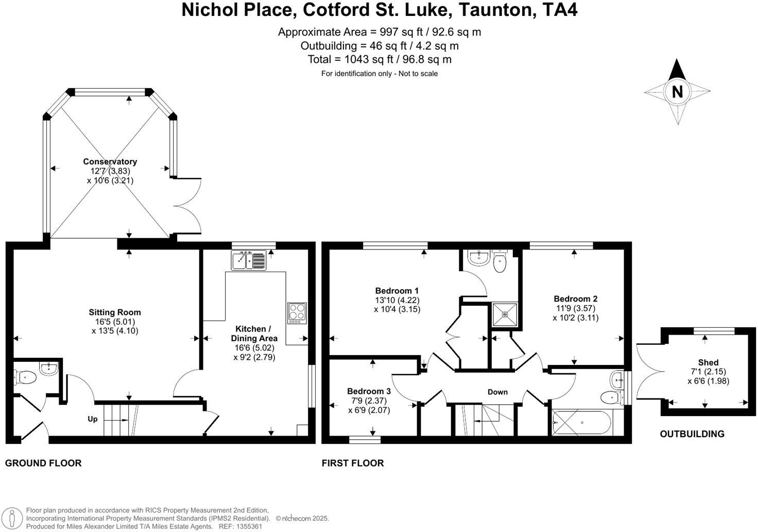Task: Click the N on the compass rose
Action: (x=677, y=92)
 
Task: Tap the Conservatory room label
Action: (x=110, y=162)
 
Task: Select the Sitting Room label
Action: (x=114, y=312)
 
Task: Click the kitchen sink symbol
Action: (x=249, y=260)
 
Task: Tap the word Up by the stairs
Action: (x=93, y=419)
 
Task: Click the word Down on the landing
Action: (x=497, y=392)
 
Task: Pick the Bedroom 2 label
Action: (x=575, y=299)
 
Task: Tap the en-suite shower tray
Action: (x=505, y=314)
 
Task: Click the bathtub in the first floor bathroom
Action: (x=582, y=423)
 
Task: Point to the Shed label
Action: (x=708, y=362)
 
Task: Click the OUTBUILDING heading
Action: (x=692, y=434)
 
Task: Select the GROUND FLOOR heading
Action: (x=43, y=463)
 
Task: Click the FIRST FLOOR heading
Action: (x=353, y=463)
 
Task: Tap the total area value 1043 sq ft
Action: (x=379, y=59)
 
